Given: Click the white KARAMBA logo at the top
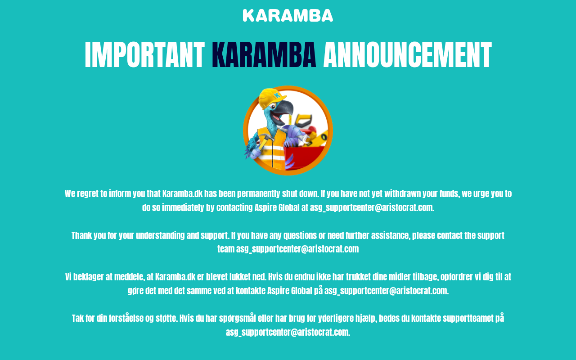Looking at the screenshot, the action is (288, 15).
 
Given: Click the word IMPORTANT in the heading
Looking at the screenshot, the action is (144, 55).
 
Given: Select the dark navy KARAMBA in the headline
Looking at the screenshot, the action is (264, 55).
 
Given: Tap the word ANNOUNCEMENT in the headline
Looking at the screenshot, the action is (407, 55).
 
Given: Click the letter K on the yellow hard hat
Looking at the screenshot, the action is (277, 95).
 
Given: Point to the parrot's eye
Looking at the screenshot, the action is (273, 106).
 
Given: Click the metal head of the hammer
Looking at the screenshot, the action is (267, 137).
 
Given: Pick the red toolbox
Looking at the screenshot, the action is (305, 157).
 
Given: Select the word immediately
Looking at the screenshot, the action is (183, 207).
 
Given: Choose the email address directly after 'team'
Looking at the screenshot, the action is (297, 249).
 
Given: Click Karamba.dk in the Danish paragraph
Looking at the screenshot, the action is (175, 277).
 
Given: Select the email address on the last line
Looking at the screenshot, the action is (288, 332).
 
